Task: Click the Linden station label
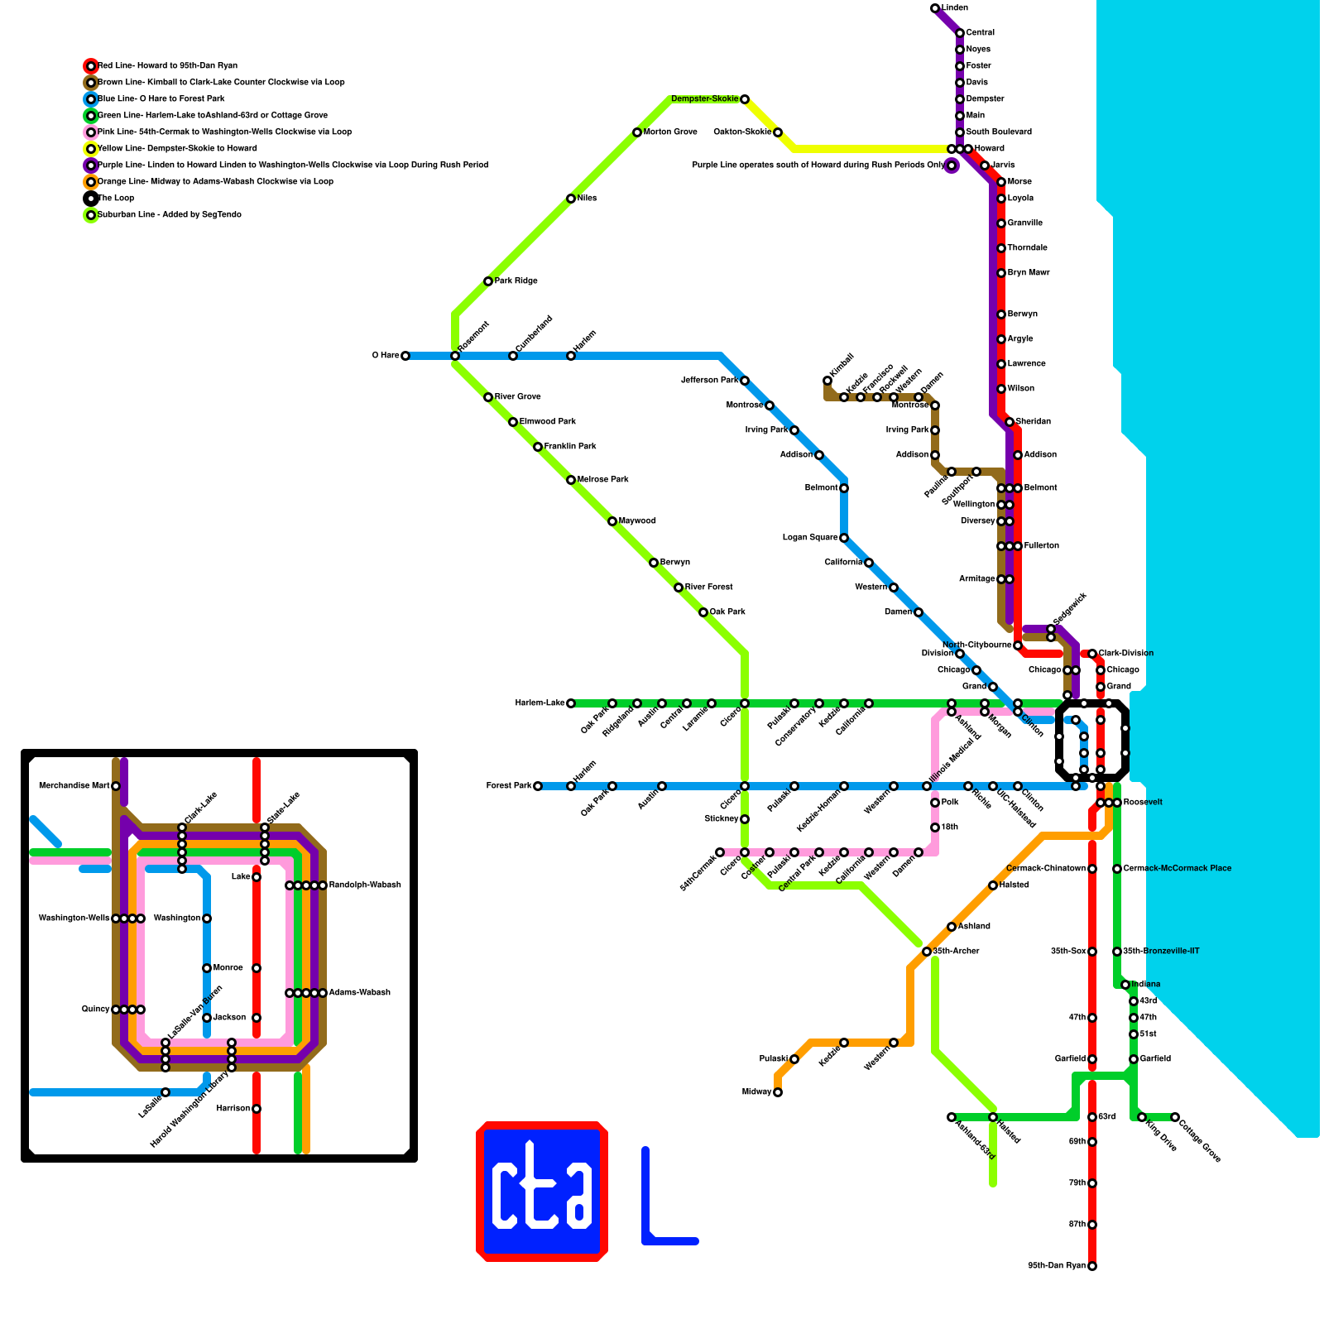point(955,8)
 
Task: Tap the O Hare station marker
point(405,356)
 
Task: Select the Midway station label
point(756,1092)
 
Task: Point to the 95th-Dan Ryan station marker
point(1092,1266)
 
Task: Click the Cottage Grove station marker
point(1175,1117)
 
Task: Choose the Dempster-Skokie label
point(704,99)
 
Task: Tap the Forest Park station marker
point(538,786)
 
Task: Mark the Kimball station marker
point(827,381)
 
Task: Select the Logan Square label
point(809,538)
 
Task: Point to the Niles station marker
point(571,199)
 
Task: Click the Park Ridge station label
point(516,281)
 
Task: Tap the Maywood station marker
point(612,521)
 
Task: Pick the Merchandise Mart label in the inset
point(74,786)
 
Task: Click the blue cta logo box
point(542,1192)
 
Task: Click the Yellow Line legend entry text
point(177,149)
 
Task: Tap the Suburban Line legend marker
point(91,215)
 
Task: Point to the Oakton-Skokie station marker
point(778,132)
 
